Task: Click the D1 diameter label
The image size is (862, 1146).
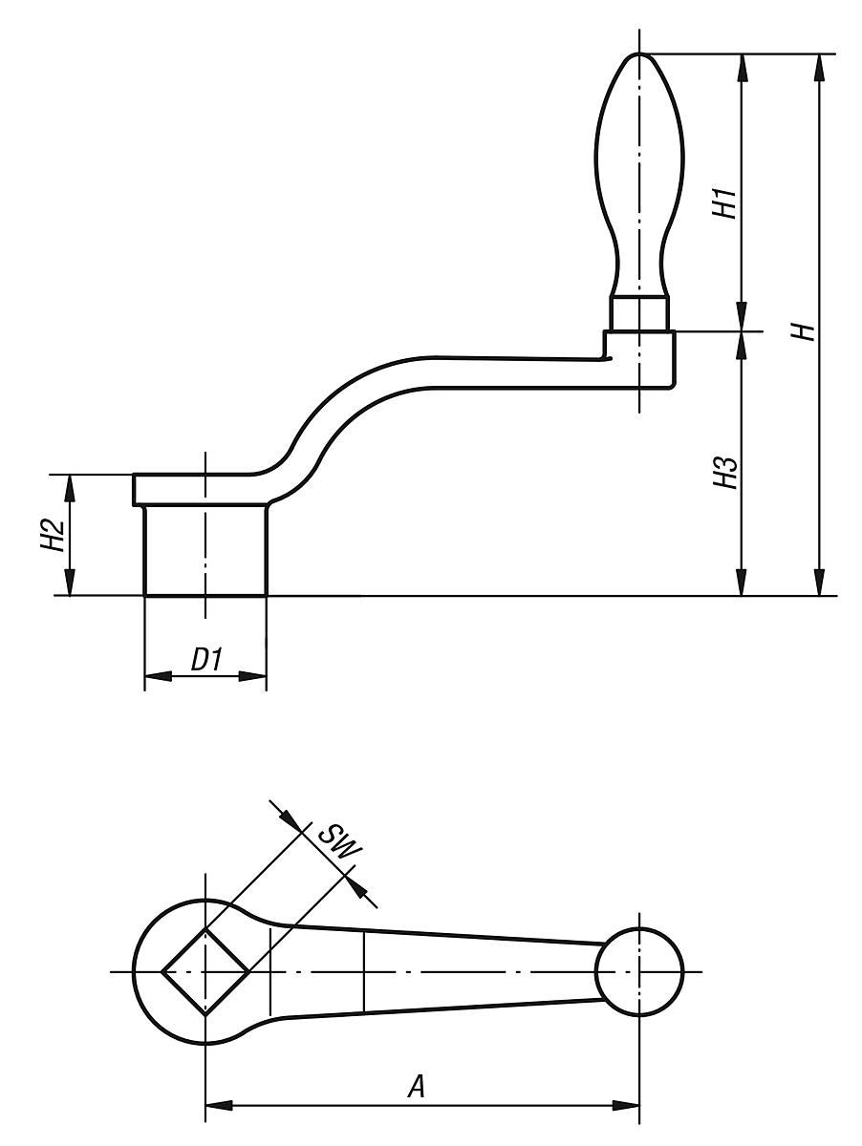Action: pyautogui.click(x=205, y=660)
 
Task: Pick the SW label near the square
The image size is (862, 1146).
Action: pyautogui.click(x=334, y=841)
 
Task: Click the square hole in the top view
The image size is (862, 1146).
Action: pyautogui.click(x=205, y=971)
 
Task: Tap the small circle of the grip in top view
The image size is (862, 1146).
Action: pyautogui.click(x=638, y=971)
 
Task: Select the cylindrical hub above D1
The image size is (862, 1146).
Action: pyautogui.click(x=205, y=550)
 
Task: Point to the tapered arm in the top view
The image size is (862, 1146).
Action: pyautogui.click(x=430, y=971)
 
